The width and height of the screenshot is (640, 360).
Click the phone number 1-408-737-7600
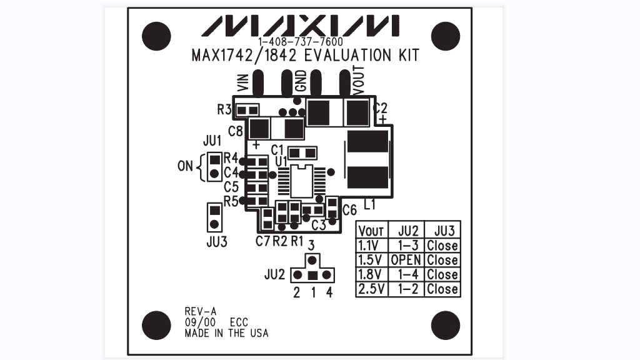click(x=300, y=42)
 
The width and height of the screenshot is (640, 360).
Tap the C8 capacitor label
click(x=236, y=131)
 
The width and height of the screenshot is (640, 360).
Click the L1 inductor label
click(x=369, y=204)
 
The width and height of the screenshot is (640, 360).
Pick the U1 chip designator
click(x=281, y=161)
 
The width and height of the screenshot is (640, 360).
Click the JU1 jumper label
click(x=212, y=139)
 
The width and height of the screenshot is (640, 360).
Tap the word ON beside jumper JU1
click(x=186, y=167)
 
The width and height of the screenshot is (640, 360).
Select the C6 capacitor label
click(x=349, y=210)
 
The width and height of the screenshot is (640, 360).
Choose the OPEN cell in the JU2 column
click(x=406, y=260)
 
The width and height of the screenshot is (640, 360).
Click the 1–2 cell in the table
click(x=406, y=289)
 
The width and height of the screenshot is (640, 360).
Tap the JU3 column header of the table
click(x=442, y=230)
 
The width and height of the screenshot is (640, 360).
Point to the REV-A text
click(x=200, y=311)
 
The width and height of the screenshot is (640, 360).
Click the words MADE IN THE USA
click(x=226, y=333)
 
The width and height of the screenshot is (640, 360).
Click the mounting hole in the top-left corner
click(x=156, y=36)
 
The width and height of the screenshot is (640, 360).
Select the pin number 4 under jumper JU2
click(x=329, y=292)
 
